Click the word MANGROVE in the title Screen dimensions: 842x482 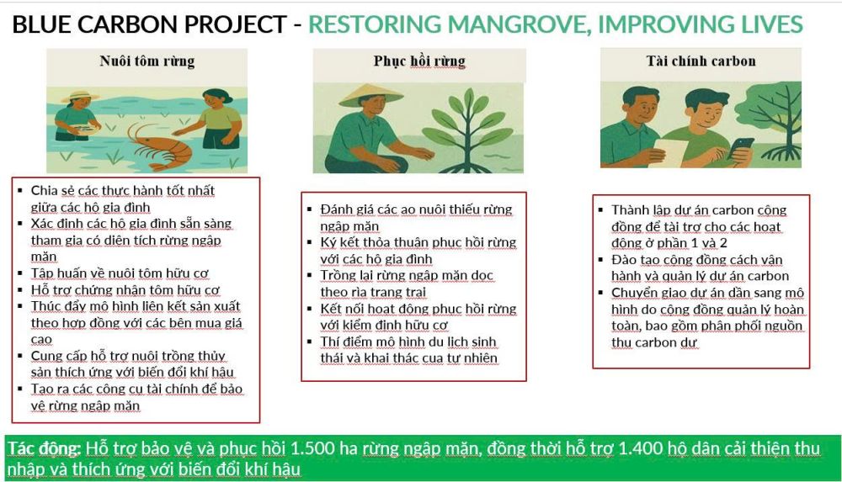pyautogui.click(x=520, y=24)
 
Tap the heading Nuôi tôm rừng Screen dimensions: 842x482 pyautogui.click(x=147, y=61)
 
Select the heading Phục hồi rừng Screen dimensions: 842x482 pyautogui.click(x=419, y=61)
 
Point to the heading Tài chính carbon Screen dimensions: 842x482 pyautogui.click(x=701, y=61)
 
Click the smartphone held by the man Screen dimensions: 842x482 pyautogui.click(x=741, y=147)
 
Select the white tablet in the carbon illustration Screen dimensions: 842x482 pyautogui.click(x=669, y=152)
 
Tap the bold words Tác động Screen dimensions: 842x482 pyautogui.click(x=44, y=448)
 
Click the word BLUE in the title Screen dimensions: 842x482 pyautogui.click(x=42, y=24)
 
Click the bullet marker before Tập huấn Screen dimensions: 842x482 pyautogui.click(x=20, y=273)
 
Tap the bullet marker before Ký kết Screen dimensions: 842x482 pyautogui.click(x=309, y=242)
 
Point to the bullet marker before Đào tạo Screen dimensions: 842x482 pyautogui.click(x=601, y=260)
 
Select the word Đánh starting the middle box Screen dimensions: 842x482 pyautogui.click(x=336, y=209)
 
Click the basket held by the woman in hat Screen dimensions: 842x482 pyautogui.click(x=85, y=130)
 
